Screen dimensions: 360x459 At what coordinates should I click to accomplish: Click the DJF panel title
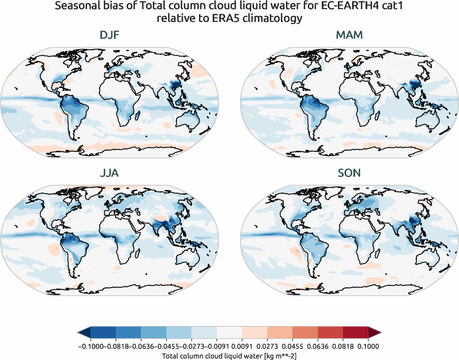[x=110, y=36]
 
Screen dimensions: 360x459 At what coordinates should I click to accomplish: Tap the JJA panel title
[x=110, y=173]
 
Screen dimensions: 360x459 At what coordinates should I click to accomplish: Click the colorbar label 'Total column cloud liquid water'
[x=211, y=356]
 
